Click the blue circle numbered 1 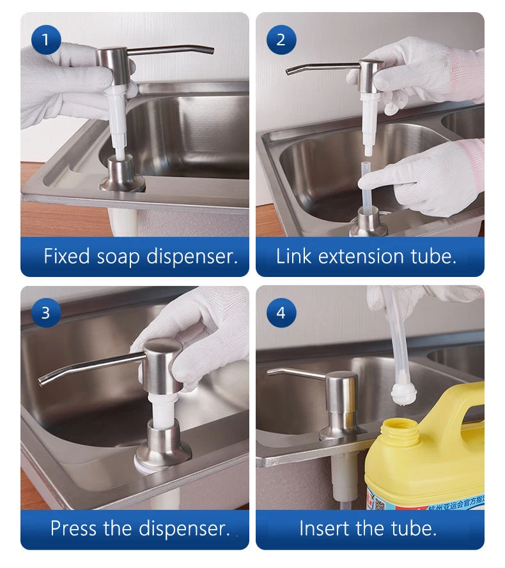(45, 40)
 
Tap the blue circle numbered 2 (281, 40)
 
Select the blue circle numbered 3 (45, 313)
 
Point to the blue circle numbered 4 (281, 313)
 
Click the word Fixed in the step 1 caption (67, 257)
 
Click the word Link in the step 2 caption (294, 257)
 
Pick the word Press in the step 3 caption (74, 528)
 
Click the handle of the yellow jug (466, 402)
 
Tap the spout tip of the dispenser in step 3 (42, 382)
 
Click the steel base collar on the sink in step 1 (122, 175)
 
